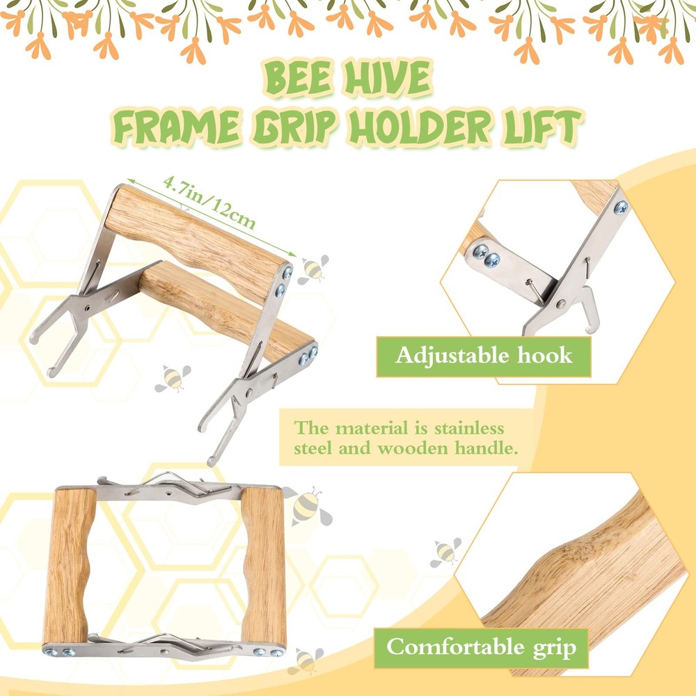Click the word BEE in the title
tap(299, 79)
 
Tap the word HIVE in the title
tap(388, 78)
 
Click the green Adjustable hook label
tap(484, 356)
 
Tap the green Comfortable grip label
tap(481, 647)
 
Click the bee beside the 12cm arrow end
tap(313, 269)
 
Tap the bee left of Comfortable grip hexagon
tap(445, 552)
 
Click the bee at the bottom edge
tap(306, 661)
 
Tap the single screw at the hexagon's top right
tap(621, 207)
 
